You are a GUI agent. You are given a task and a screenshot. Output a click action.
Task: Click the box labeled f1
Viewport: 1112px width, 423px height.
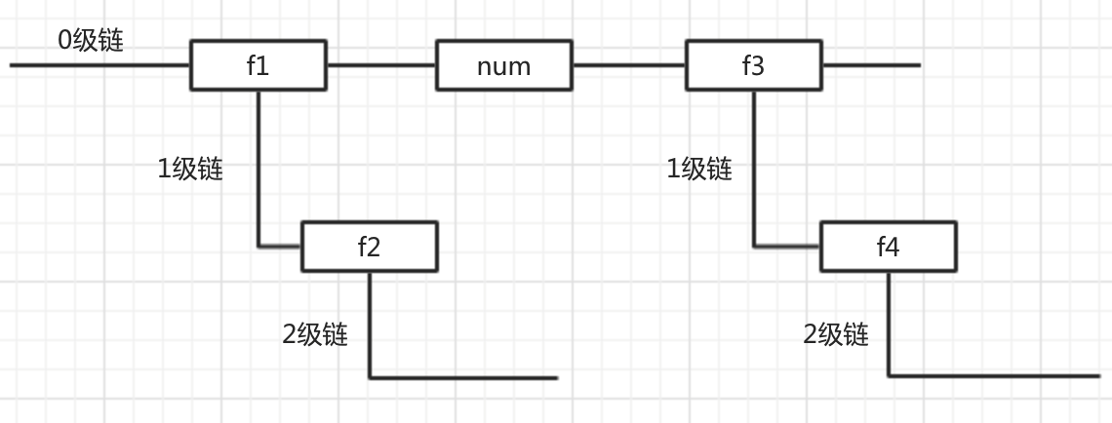point(258,66)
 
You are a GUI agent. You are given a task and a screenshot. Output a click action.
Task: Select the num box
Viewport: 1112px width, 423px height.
point(504,66)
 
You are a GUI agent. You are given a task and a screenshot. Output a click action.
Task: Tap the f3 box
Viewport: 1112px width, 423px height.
point(753,66)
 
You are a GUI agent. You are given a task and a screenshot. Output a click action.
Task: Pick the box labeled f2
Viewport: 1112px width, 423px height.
point(369,247)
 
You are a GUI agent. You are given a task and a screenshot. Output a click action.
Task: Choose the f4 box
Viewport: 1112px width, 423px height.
point(888,247)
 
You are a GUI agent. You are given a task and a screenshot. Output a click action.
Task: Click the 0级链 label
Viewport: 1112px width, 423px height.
point(91,41)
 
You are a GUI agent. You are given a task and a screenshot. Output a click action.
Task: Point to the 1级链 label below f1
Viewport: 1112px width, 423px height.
point(190,169)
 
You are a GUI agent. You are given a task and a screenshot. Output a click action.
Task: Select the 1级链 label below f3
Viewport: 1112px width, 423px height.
point(698,169)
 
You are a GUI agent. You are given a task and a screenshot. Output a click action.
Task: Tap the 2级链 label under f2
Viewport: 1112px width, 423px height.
point(315,334)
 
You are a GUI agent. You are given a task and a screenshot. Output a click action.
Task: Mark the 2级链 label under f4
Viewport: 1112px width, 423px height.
point(835,334)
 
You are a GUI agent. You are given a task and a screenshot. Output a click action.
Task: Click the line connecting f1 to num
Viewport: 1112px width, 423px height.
point(380,66)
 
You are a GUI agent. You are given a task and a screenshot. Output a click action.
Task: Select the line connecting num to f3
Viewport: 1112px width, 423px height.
point(630,66)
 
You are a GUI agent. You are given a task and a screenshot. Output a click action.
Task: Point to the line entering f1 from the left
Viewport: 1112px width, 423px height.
point(98,66)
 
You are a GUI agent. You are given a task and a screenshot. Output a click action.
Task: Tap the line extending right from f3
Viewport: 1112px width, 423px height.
point(870,66)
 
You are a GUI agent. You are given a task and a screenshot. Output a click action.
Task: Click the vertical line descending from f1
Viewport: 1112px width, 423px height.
point(258,166)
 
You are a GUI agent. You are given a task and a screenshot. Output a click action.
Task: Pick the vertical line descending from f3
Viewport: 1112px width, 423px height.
point(754,166)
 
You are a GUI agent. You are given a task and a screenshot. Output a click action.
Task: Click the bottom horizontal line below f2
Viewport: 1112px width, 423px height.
point(463,377)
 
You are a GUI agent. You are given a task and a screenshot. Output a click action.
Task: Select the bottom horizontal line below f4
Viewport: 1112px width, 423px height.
point(995,375)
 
